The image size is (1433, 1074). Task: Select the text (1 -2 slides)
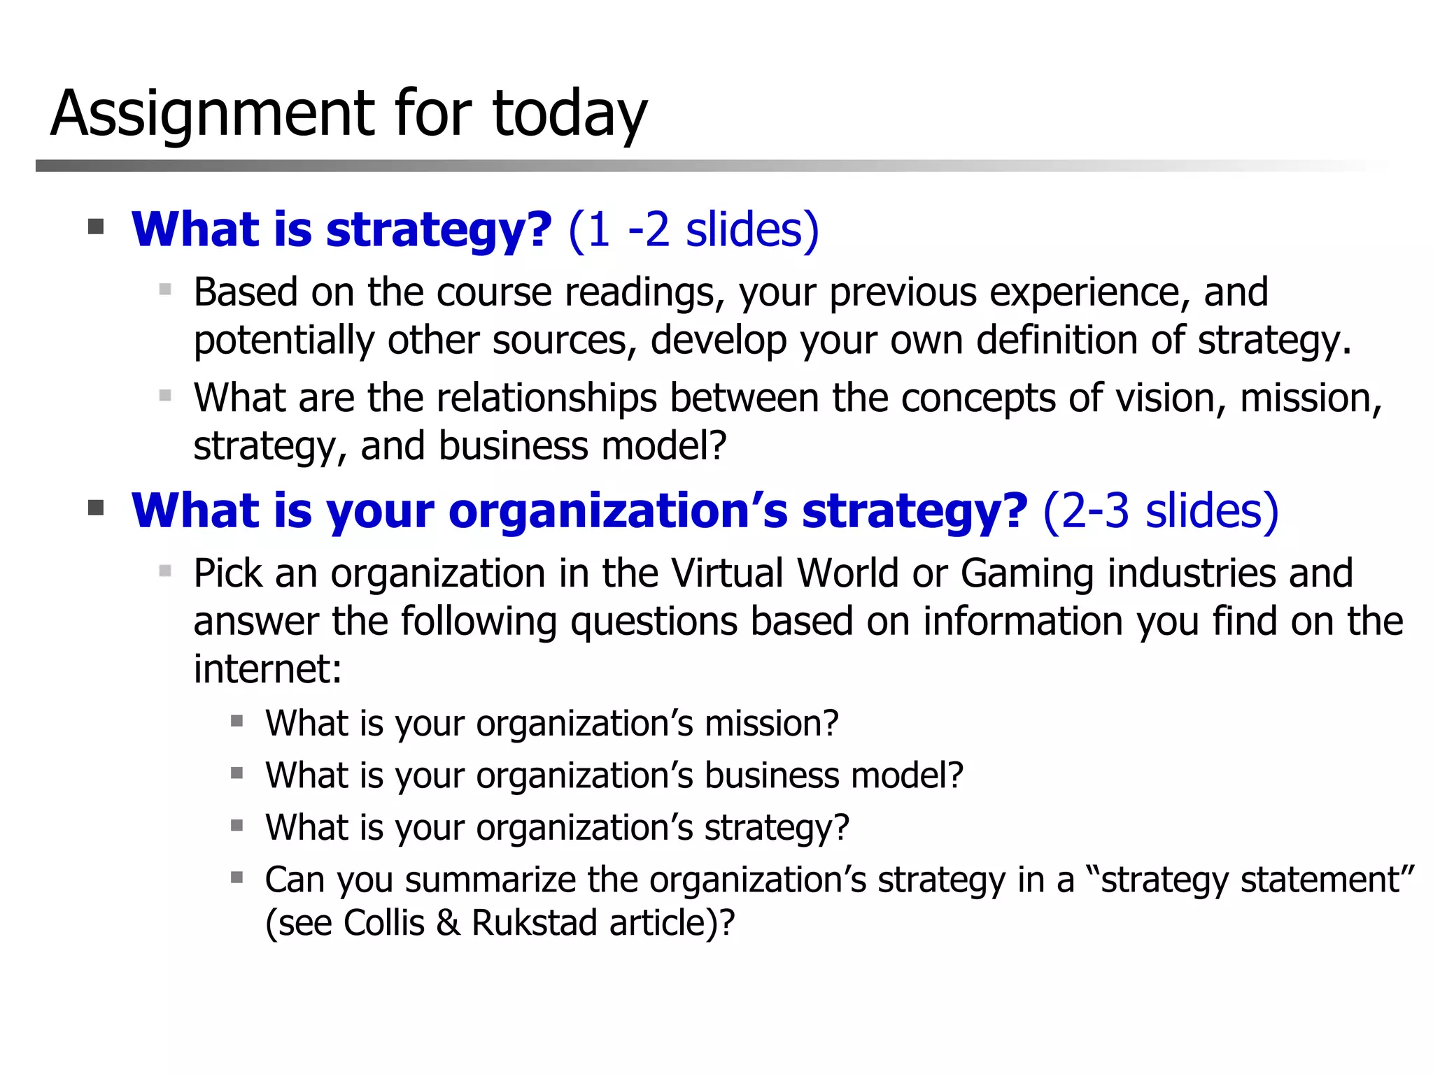point(693,230)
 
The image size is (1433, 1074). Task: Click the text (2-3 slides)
point(1161,511)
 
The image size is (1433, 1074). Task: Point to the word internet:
point(267,669)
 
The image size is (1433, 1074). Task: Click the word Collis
point(384,923)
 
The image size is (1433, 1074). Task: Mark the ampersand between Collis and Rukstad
point(448,923)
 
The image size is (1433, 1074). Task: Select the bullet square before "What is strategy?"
point(96,227)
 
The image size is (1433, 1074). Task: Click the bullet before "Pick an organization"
point(165,571)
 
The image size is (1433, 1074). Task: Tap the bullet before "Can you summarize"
point(237,877)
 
